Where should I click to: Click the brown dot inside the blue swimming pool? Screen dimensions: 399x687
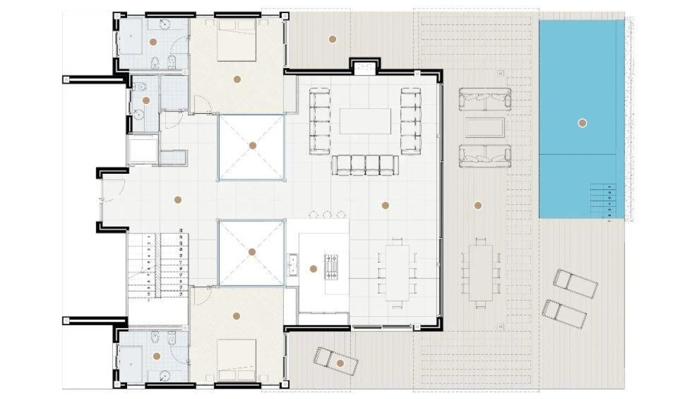tap(582, 122)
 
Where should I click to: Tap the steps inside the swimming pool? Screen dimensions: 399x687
tap(603, 201)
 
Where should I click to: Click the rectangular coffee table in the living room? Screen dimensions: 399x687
tap(366, 121)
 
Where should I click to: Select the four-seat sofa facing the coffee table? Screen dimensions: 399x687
tap(365, 164)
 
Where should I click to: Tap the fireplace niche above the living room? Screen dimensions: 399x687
tap(364, 68)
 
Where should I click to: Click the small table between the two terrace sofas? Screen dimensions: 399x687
tap(484, 127)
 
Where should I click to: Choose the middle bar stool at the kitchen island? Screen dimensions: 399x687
tap(327, 215)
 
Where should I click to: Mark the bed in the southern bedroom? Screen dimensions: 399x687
tap(236, 360)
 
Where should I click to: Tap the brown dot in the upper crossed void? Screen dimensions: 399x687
tap(252, 146)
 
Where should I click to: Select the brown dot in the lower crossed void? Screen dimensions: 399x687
tap(252, 252)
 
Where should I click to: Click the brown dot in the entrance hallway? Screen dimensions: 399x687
tap(177, 199)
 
